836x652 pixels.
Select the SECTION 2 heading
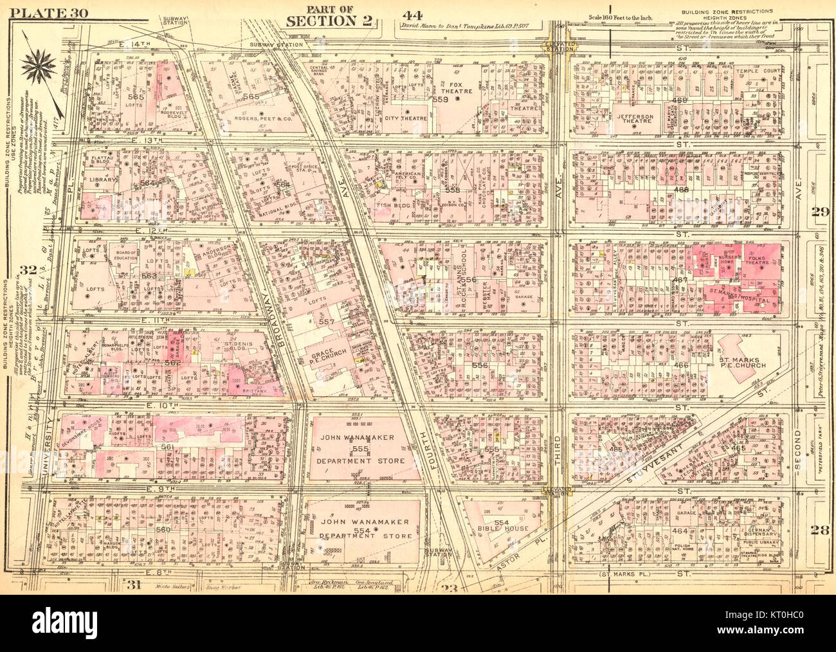(x=330, y=20)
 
